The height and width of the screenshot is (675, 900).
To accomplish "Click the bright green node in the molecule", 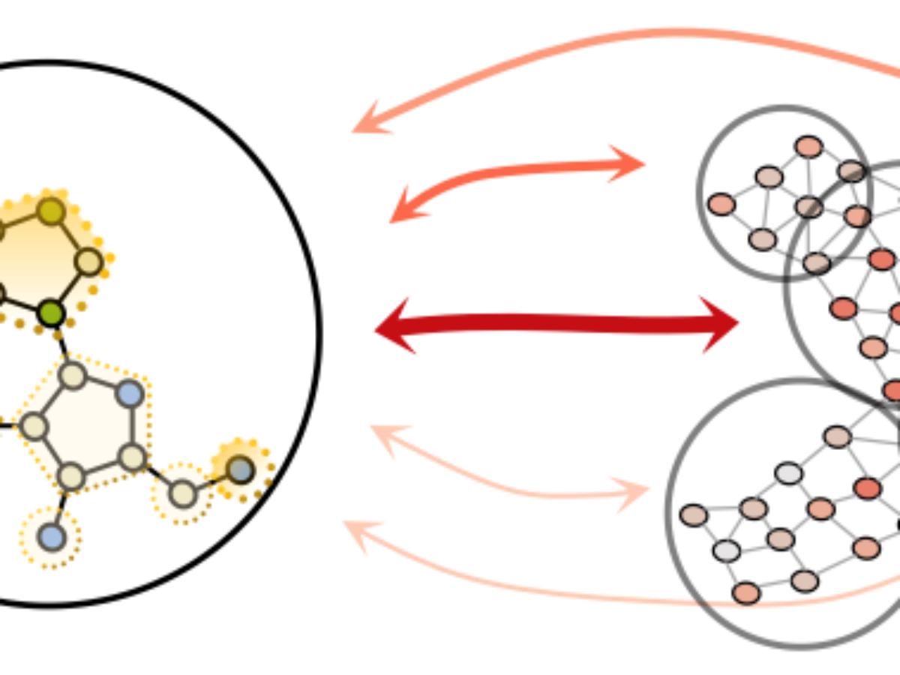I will [x=51, y=313].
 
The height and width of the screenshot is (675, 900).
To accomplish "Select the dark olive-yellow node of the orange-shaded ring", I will [x=51, y=212].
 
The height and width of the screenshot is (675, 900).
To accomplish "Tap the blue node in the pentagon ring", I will [x=130, y=393].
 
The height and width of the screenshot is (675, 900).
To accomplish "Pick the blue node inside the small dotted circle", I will [x=51, y=537].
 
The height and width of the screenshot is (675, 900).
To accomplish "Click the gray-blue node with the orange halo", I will [x=240, y=469].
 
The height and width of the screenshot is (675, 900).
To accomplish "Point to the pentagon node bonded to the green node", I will [x=73, y=375].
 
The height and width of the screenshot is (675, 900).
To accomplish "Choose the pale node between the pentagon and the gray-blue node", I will [x=183, y=493].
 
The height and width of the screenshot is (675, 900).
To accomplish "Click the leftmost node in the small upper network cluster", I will [x=721, y=204].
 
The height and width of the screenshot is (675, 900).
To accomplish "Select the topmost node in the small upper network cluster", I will [x=808, y=146].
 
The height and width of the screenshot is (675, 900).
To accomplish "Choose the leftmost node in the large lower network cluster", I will [x=694, y=515].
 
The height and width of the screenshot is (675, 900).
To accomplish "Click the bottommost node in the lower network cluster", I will [x=746, y=593].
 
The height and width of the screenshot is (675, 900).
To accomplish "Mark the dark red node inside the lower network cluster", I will [x=867, y=488].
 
